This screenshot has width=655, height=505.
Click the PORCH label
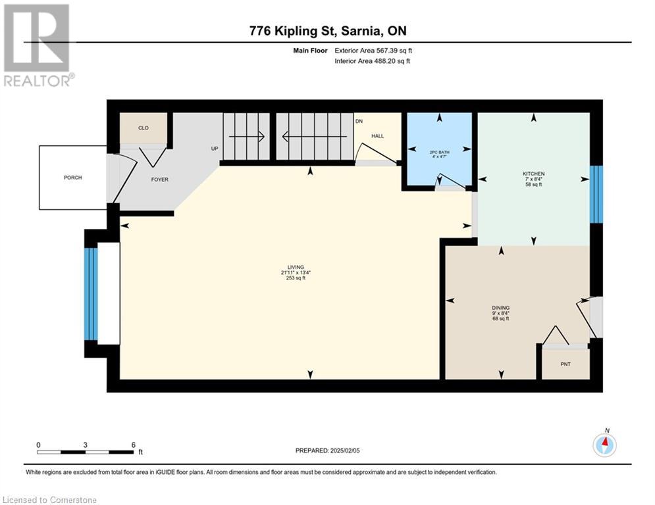pyautogui.click(x=72, y=178)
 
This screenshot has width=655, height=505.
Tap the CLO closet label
pyautogui.click(x=144, y=128)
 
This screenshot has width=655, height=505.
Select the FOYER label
pyautogui.click(x=159, y=180)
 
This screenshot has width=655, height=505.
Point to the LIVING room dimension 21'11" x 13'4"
pyautogui.click(x=296, y=272)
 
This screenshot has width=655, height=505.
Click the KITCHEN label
pyautogui.click(x=533, y=174)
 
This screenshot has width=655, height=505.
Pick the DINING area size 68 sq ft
pyautogui.click(x=500, y=319)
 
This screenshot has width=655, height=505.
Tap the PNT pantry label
pyautogui.click(x=565, y=364)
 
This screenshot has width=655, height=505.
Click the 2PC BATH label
pyautogui.click(x=439, y=153)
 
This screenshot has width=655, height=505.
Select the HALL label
pyautogui.click(x=378, y=136)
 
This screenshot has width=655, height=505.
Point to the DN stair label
pyautogui.click(x=359, y=122)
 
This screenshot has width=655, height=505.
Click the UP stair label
pyautogui.click(x=215, y=149)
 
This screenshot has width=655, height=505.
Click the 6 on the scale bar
pyautogui.click(x=133, y=445)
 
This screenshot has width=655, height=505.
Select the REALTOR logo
pyautogui.click(x=38, y=45)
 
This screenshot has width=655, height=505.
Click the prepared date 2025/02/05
pyautogui.click(x=345, y=450)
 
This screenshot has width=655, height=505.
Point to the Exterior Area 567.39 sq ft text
pyautogui.click(x=373, y=51)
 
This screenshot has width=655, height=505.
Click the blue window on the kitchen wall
pyautogui.click(x=596, y=195)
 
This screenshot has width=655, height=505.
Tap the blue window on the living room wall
pyautogui.click(x=91, y=294)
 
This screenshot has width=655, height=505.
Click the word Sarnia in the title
pyautogui.click(x=361, y=31)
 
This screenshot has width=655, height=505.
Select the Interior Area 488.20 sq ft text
pyautogui.click(x=372, y=61)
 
